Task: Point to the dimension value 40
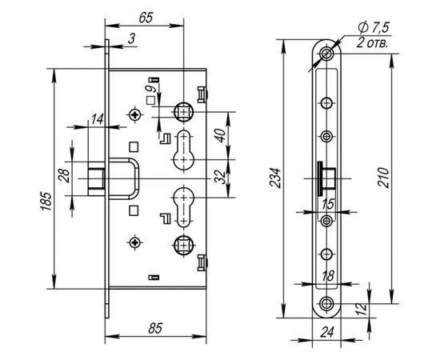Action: pyautogui.click(x=221, y=137)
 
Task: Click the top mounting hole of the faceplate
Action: pyautogui.click(x=326, y=55)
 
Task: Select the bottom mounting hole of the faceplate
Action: pyautogui.click(x=326, y=303)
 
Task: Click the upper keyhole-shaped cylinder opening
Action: pyautogui.click(x=183, y=149)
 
